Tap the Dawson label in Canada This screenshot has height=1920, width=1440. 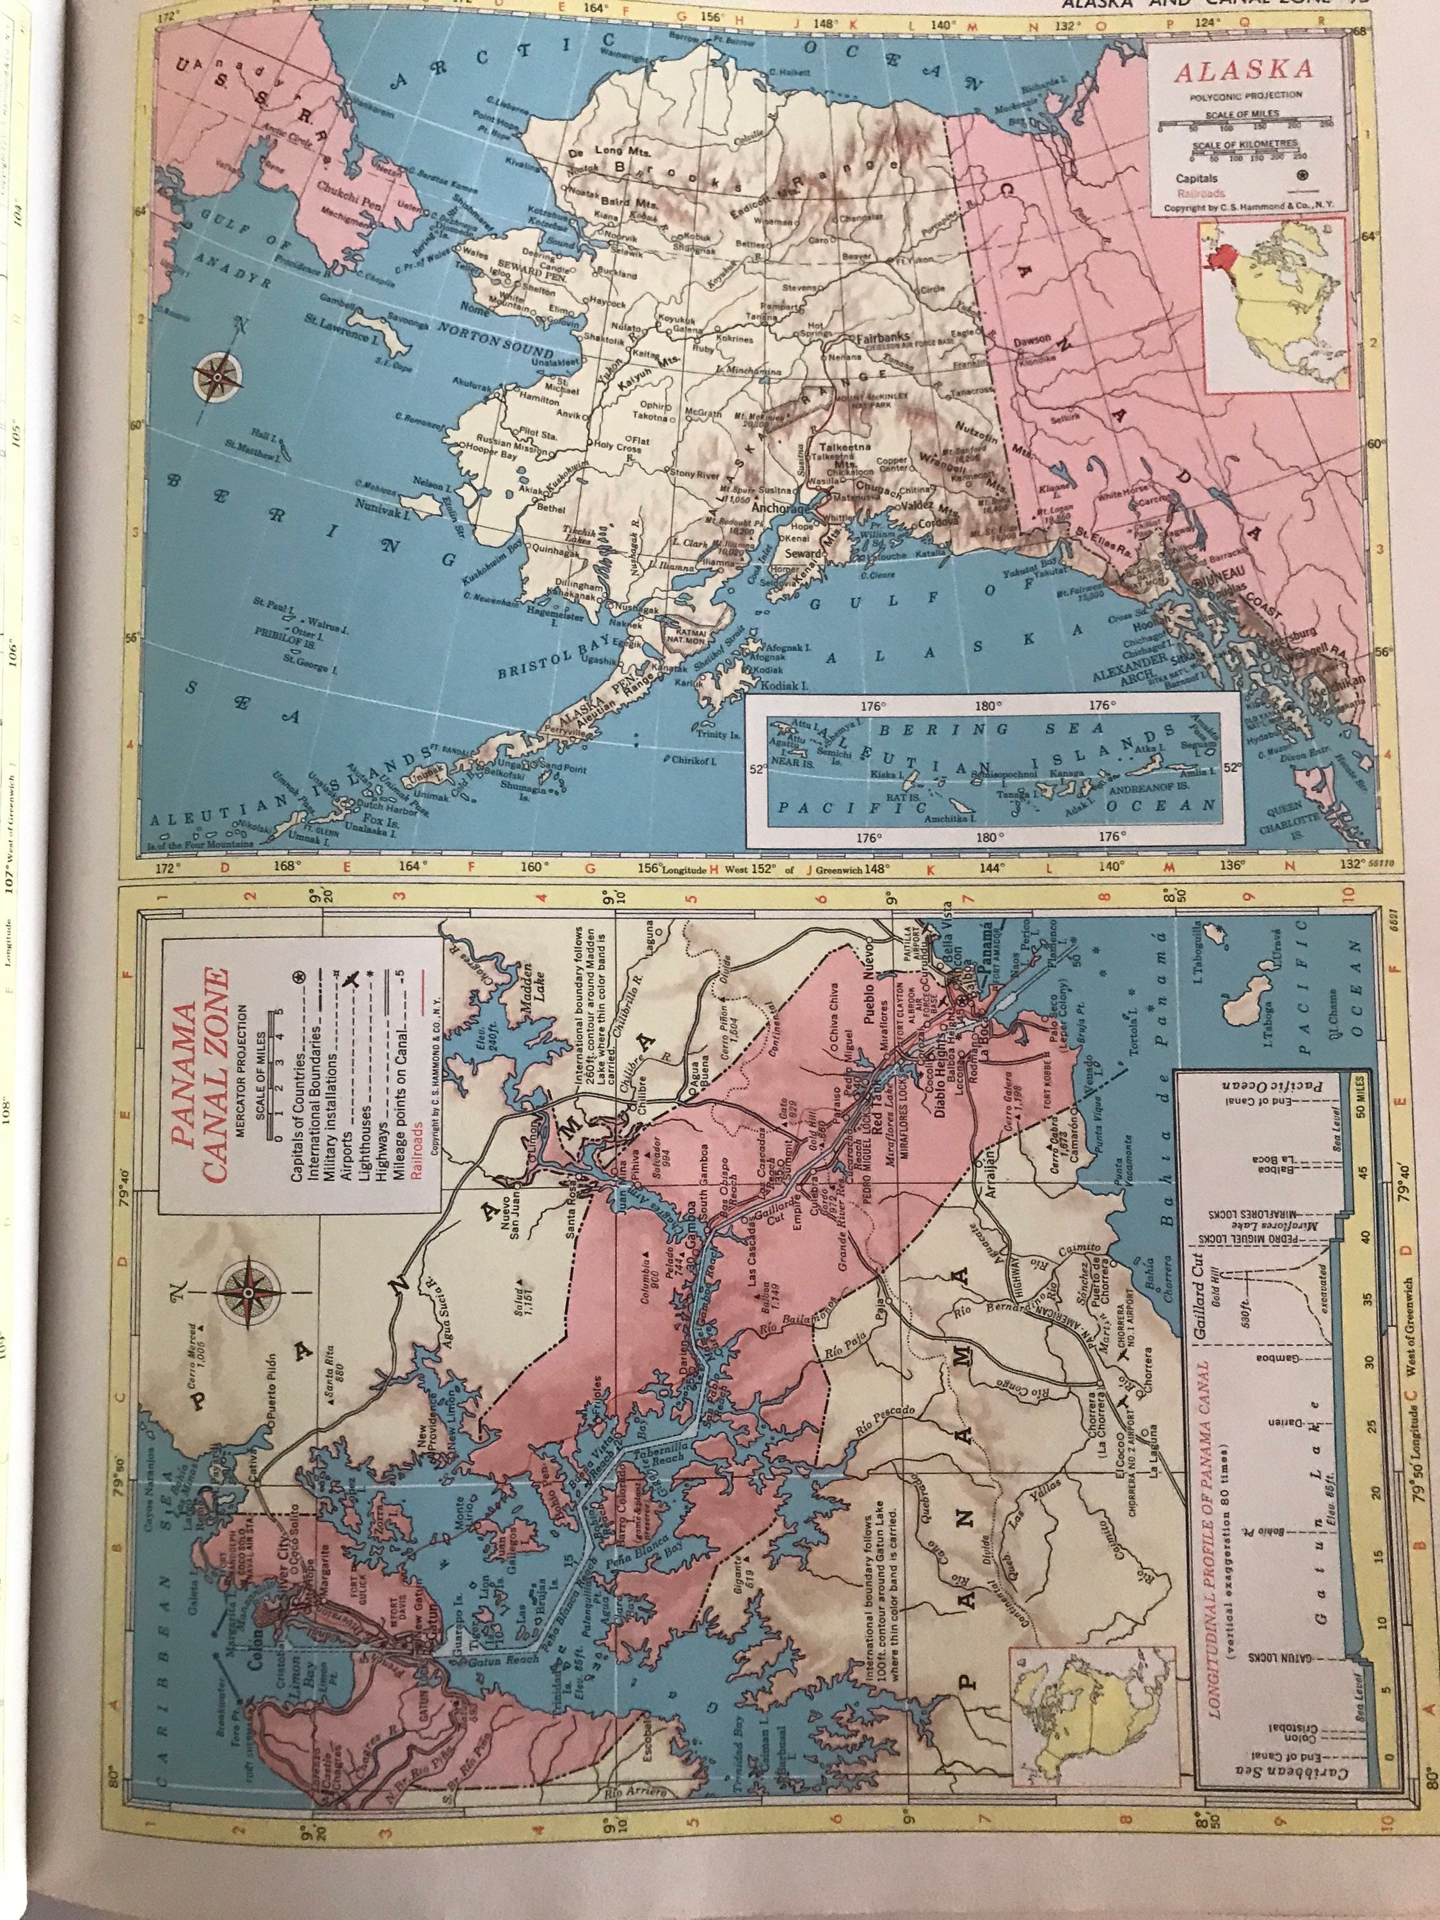1034,341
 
